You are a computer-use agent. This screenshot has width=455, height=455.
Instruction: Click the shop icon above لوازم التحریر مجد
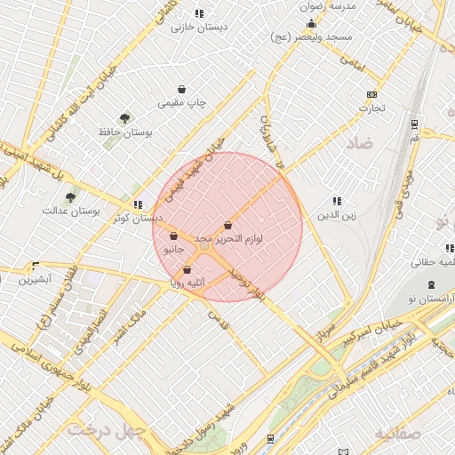click(228, 226)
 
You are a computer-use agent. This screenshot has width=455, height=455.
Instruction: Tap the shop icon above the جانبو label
click(173, 236)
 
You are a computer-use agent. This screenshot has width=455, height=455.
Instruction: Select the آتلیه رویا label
click(188, 283)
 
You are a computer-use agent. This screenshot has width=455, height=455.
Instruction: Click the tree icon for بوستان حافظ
click(124, 117)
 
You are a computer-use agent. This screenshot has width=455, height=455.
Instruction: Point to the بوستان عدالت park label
click(70, 212)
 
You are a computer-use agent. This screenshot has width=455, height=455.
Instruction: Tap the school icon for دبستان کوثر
click(137, 204)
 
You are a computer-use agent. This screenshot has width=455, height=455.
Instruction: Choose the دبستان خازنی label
click(199, 27)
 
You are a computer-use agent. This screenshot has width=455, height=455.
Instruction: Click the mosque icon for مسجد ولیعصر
click(312, 24)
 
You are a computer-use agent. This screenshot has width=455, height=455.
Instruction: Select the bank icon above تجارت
click(371, 95)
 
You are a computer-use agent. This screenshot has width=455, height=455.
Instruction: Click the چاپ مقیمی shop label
click(182, 103)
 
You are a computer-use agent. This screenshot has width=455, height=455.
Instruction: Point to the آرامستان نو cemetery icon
click(431, 284)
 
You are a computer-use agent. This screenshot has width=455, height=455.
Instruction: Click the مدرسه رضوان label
click(330, 6)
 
